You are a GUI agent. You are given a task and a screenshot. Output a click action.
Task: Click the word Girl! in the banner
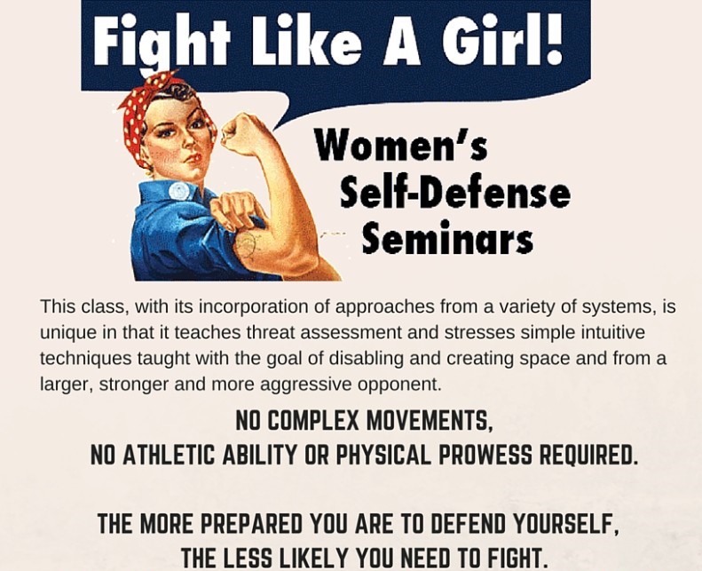[x=503, y=39]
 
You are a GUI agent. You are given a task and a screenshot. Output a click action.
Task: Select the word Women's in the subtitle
[x=400, y=145]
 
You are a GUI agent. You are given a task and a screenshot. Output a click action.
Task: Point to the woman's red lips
[x=193, y=158]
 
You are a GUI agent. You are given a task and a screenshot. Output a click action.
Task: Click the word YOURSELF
[x=566, y=524]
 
